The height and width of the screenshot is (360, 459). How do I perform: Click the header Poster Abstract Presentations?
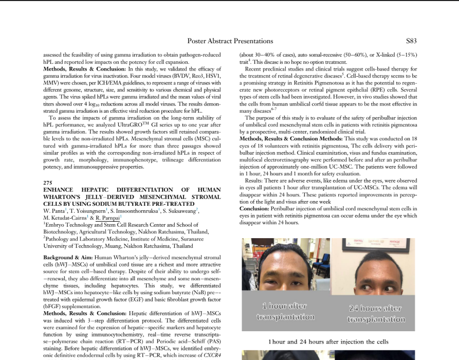pyautogui.click(x=230, y=41)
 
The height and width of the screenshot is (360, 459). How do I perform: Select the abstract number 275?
pyautogui.click(x=48, y=183)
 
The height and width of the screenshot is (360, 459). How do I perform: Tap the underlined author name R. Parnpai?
pyautogui.click(x=107, y=218)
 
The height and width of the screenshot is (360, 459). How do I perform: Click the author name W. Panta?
pyautogui.click(x=54, y=210)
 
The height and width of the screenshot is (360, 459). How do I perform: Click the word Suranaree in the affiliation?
pyautogui.click(x=206, y=239)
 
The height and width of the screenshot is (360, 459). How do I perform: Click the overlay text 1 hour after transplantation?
pyautogui.click(x=285, y=311)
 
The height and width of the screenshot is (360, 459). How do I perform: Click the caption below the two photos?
pyautogui.click(x=328, y=341)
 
